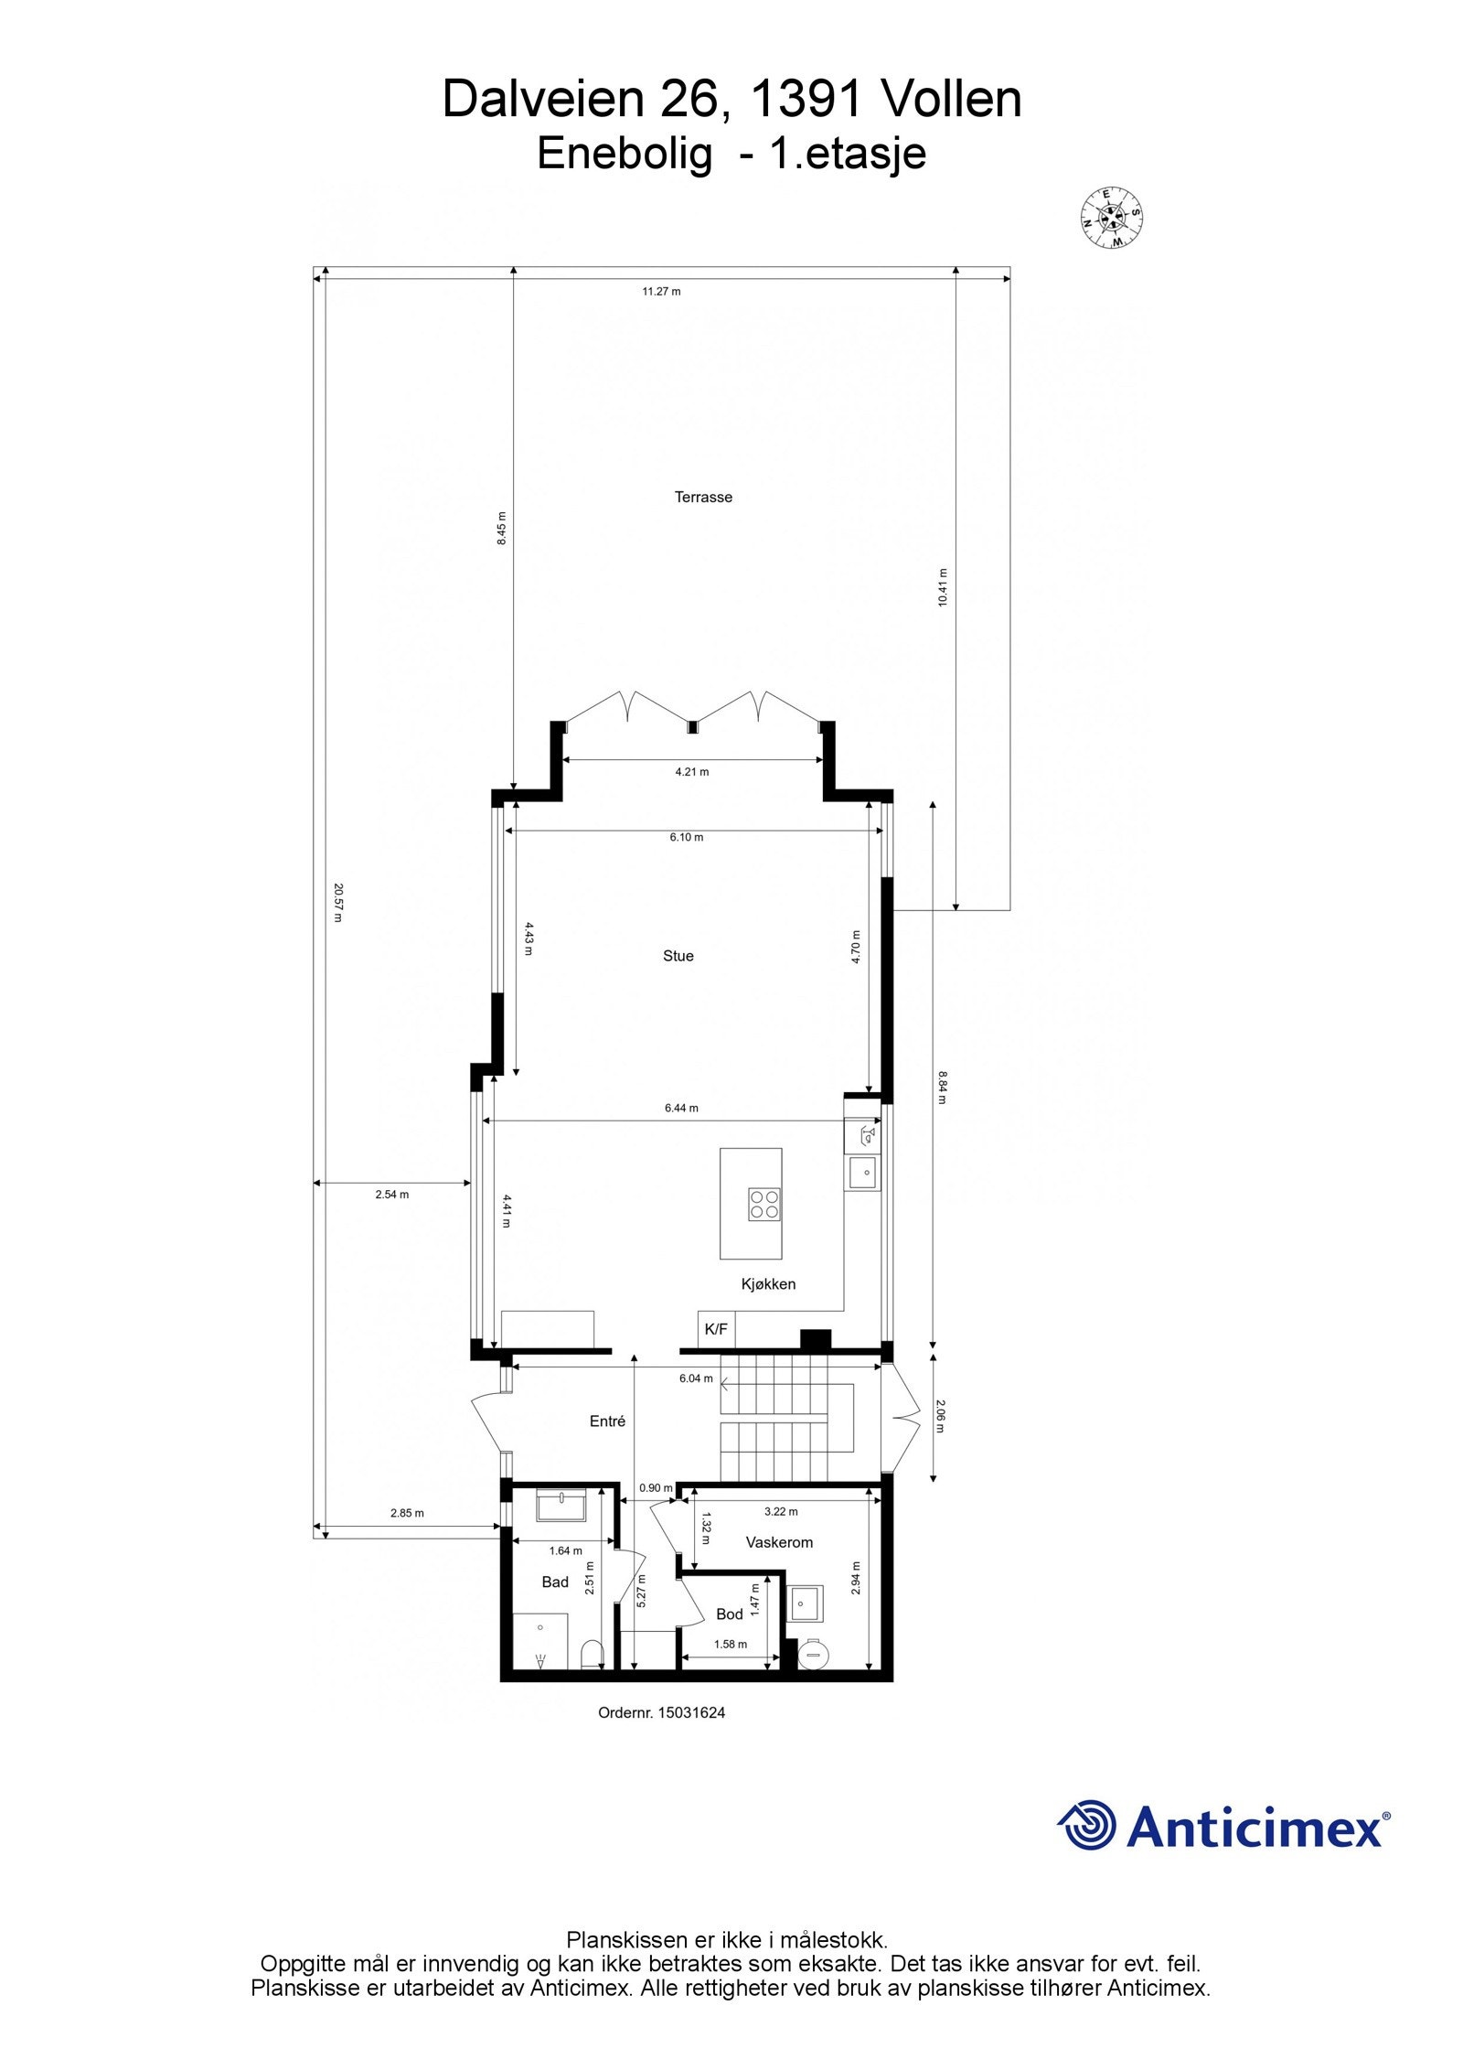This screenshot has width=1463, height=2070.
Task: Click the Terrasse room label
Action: (x=703, y=498)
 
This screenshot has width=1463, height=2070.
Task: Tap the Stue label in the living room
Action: (x=678, y=956)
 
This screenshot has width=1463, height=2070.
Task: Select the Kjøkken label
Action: (x=768, y=1284)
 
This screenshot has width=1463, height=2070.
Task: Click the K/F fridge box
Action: (x=716, y=1329)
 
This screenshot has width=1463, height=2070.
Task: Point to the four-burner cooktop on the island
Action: (x=764, y=1204)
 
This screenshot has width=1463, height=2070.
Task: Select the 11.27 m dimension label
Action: (x=661, y=292)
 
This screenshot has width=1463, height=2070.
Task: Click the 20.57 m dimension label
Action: (x=337, y=902)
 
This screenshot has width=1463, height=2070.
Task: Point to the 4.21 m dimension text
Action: (x=692, y=771)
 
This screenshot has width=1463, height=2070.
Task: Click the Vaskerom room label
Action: (x=779, y=1542)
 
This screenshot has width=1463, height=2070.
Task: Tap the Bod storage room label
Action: (x=729, y=1614)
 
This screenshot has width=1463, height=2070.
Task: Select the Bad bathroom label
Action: (x=555, y=1582)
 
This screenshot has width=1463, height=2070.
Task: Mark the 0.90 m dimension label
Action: (x=656, y=1487)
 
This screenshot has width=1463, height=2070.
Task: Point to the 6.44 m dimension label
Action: (x=681, y=1108)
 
